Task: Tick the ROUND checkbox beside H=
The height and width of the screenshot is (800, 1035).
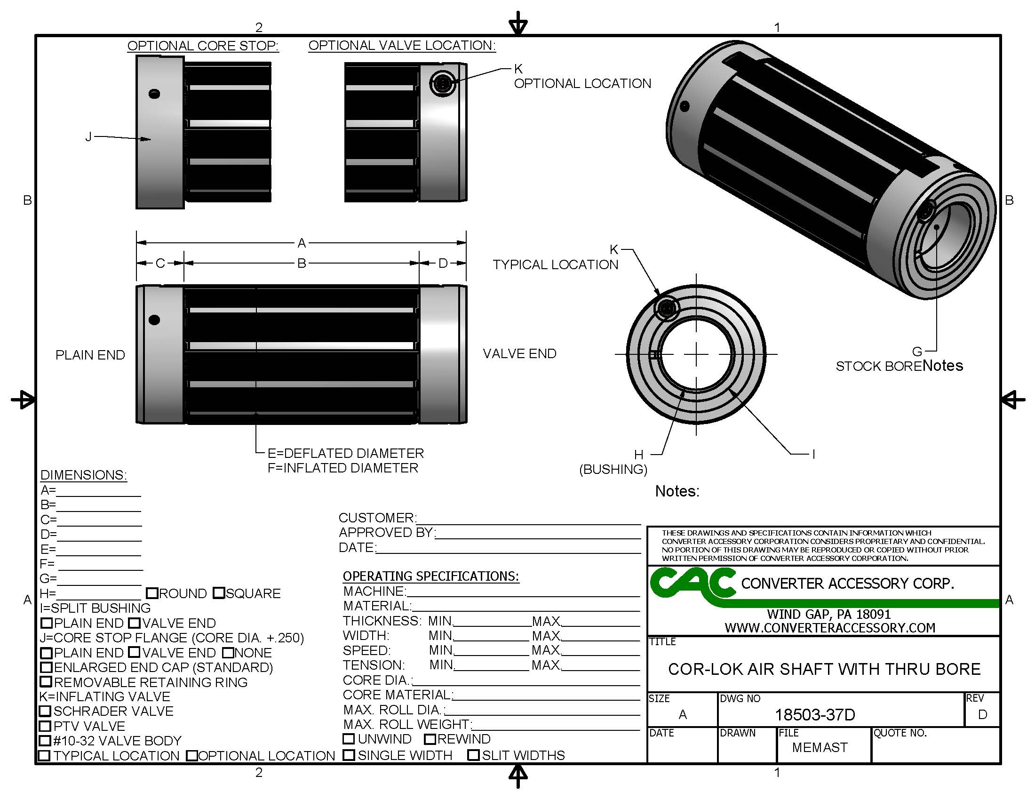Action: [x=152, y=593]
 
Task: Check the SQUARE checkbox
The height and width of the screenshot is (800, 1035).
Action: [x=219, y=593]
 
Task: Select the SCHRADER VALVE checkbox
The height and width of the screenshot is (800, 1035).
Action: [x=45, y=711]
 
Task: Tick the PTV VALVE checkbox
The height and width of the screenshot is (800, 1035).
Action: [x=45, y=726]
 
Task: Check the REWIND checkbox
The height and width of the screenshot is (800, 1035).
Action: [x=430, y=739]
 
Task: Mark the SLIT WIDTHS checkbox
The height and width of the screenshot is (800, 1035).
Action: [x=473, y=755]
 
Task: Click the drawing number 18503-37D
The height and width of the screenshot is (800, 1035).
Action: [x=815, y=715]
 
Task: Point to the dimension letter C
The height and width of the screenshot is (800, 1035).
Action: [x=160, y=263]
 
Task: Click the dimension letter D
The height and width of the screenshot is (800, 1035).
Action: [x=443, y=263]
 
